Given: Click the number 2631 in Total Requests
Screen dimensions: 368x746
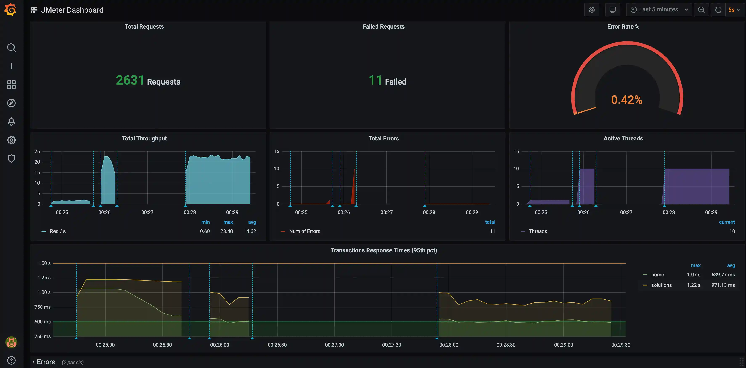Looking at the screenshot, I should click(130, 80).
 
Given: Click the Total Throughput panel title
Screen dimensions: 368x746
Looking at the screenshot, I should click(144, 138).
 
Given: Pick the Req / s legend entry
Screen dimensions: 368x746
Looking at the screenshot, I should click(58, 231).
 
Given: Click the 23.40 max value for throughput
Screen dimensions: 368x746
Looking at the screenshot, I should click(226, 231).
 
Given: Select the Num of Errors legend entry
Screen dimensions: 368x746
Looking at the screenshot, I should click(304, 231).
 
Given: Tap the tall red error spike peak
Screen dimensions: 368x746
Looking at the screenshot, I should click(354, 170).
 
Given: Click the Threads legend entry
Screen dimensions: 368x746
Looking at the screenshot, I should click(537, 231).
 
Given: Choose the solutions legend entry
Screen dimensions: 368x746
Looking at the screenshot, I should click(661, 285).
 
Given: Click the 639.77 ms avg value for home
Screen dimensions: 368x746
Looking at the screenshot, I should click(723, 274).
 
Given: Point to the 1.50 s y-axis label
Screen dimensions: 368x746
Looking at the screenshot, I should click(44, 263).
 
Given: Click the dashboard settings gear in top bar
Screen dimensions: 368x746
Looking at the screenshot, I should click(591, 9).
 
